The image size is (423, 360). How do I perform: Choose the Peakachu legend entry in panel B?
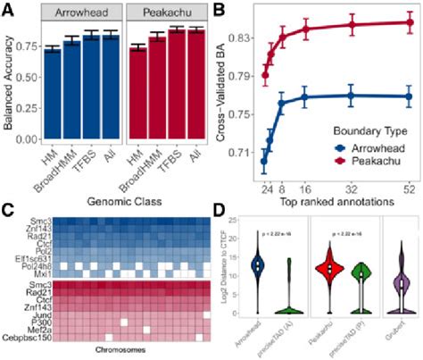358,161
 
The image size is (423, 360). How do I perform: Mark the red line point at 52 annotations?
409,23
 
